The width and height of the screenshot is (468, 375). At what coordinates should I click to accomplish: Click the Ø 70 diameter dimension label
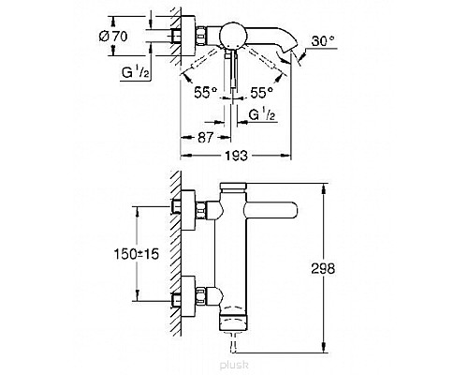pos(113,37)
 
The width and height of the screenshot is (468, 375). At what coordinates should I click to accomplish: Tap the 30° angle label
pos(323,41)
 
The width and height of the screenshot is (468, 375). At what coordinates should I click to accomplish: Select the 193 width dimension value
pos(236,156)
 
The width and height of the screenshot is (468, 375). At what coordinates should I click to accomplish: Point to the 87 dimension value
pos(205,137)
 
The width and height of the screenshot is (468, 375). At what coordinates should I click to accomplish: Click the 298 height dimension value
pos(323,268)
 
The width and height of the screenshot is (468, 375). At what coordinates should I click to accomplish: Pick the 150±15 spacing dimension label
pos(137,254)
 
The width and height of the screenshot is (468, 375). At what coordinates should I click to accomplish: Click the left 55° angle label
pos(205,92)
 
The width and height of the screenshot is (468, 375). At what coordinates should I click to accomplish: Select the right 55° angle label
pos(261,92)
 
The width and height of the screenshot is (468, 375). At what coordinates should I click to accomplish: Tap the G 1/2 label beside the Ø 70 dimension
pos(136,73)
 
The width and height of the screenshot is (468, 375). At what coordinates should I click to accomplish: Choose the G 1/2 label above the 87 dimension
pos(262,115)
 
